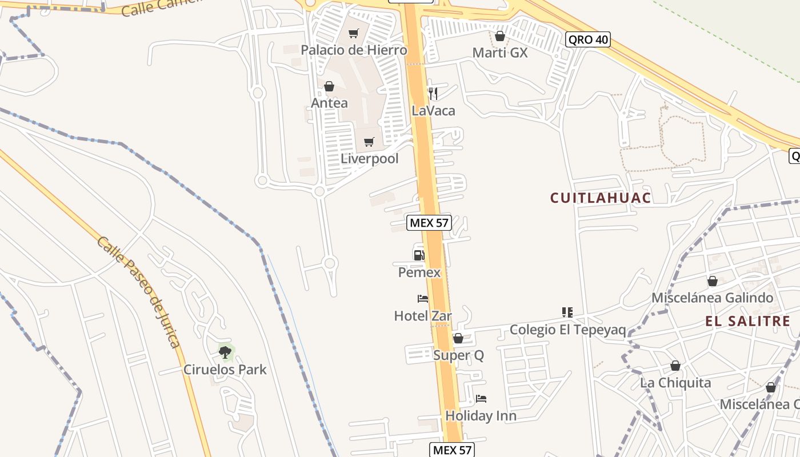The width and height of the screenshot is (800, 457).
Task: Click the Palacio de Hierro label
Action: [354, 50]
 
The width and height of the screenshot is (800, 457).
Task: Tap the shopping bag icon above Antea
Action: [329, 87]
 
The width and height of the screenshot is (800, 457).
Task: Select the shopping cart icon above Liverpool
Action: [369, 142]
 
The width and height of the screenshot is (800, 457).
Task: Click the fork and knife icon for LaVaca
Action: [433, 93]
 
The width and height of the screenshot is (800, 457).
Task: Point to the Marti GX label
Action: [499, 53]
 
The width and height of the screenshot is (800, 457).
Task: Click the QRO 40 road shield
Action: [587, 39]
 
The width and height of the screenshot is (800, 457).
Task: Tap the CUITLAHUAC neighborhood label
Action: [600, 198]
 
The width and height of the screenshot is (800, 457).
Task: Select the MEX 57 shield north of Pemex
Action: [429, 223]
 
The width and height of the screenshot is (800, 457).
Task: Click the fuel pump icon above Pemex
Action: [419, 255]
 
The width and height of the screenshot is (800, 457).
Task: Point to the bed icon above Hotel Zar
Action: [423, 299]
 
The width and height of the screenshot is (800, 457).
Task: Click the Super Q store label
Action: [458, 355]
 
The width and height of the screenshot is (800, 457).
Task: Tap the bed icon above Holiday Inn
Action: [481, 399]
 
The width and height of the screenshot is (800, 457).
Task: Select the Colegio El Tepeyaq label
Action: [567, 330]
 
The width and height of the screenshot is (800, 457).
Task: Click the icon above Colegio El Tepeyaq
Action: [567, 312]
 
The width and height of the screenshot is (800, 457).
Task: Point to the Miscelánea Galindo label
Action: [712, 298]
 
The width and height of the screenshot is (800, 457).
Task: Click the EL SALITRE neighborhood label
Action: [747, 321]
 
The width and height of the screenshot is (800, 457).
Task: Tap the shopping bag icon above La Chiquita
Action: [675, 366]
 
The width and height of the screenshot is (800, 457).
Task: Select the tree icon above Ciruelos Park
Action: [225, 352]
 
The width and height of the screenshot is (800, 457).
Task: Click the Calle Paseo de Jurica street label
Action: [138, 291]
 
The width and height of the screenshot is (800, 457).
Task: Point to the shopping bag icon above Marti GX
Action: [500, 37]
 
